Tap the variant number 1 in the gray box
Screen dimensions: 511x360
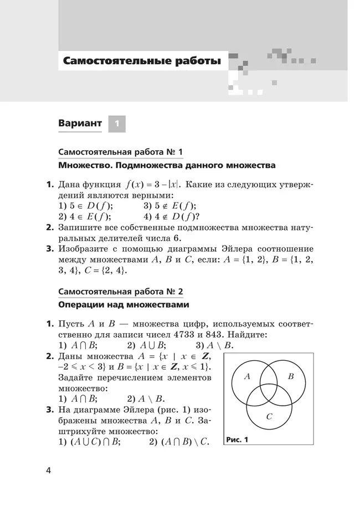tap(117, 124)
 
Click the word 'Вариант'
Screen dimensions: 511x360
tap(80, 123)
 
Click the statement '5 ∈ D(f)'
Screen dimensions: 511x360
tap(89, 206)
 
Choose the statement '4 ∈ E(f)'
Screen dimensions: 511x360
tap(88, 216)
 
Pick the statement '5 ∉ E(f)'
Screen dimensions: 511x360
tap(173, 206)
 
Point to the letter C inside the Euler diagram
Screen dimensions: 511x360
tap(269, 416)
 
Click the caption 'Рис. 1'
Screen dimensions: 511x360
tap(238, 441)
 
